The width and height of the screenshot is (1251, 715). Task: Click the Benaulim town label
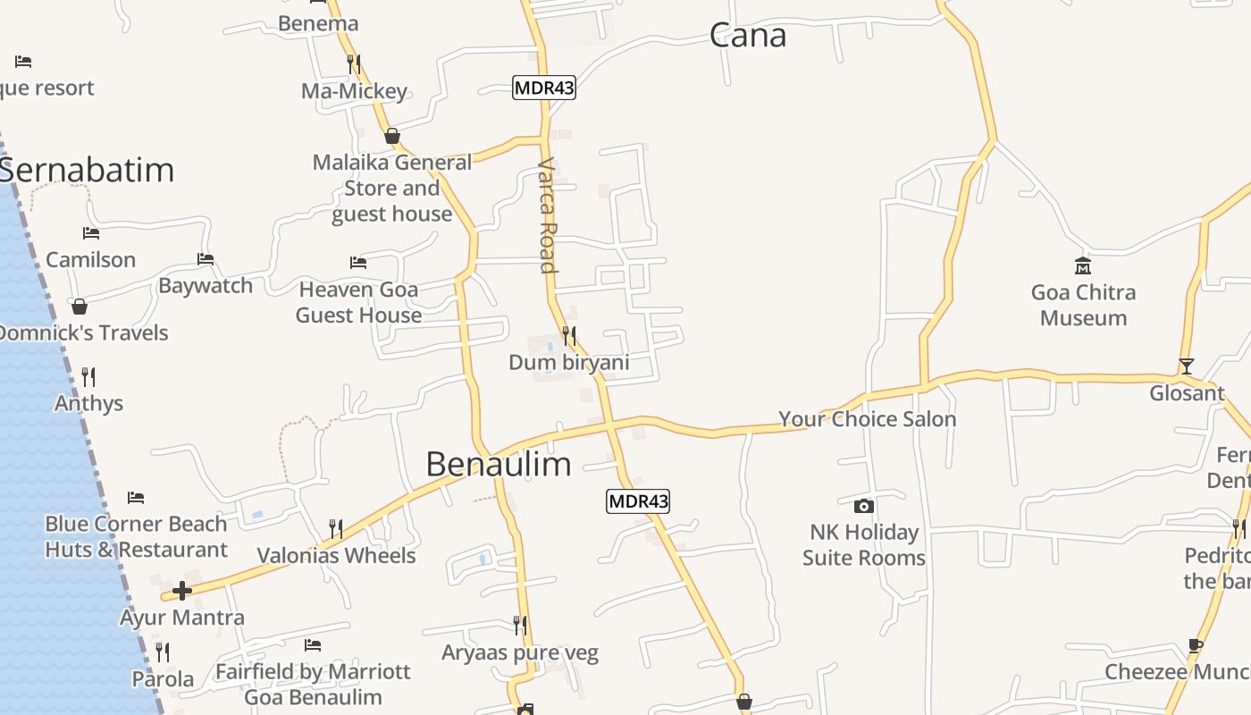pyautogui.click(x=498, y=464)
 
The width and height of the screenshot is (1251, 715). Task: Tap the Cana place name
pyautogui.click(x=748, y=36)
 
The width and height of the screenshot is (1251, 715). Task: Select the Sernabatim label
pyautogui.click(x=88, y=170)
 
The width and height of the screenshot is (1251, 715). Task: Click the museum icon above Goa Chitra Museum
pyautogui.click(x=1083, y=265)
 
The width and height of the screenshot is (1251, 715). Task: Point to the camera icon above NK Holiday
pyautogui.click(x=863, y=506)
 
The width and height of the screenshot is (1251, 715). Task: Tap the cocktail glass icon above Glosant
pyautogui.click(x=1186, y=366)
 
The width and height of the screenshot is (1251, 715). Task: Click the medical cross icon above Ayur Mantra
pyautogui.click(x=182, y=591)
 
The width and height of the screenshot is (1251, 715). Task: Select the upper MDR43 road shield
pyautogui.click(x=543, y=88)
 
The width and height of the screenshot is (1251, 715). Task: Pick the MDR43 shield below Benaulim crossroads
pyautogui.click(x=638, y=501)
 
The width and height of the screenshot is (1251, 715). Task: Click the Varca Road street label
pyautogui.click(x=548, y=215)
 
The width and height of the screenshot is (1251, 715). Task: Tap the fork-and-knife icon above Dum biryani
pyautogui.click(x=568, y=336)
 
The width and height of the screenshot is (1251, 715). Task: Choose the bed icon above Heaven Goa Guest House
pyautogui.click(x=358, y=263)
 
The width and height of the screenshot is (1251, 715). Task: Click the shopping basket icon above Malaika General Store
pyautogui.click(x=391, y=136)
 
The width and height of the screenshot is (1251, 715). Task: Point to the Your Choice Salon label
pyautogui.click(x=867, y=419)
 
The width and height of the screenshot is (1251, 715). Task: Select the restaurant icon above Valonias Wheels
pyautogui.click(x=336, y=528)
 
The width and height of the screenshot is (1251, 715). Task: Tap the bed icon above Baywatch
pyautogui.click(x=206, y=259)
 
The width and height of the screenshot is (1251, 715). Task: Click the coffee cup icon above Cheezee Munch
pyautogui.click(x=1196, y=645)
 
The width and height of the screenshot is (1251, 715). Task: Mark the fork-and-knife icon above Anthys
pyautogui.click(x=88, y=376)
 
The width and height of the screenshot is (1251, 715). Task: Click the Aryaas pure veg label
pyautogui.click(x=519, y=652)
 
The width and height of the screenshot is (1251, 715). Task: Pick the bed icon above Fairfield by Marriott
pyautogui.click(x=313, y=644)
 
